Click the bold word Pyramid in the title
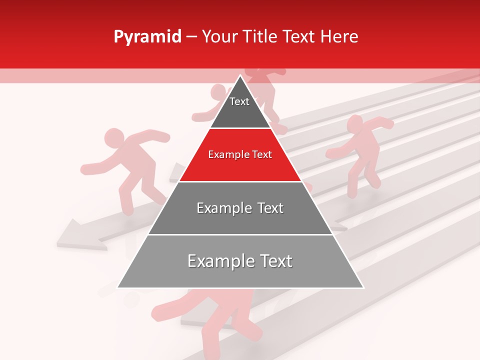click(x=147, y=37)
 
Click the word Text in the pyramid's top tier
click(x=239, y=102)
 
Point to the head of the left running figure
click(x=114, y=137)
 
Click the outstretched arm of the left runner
click(x=95, y=167)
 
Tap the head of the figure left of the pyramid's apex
click(x=218, y=92)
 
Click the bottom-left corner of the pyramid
click(x=118, y=287)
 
